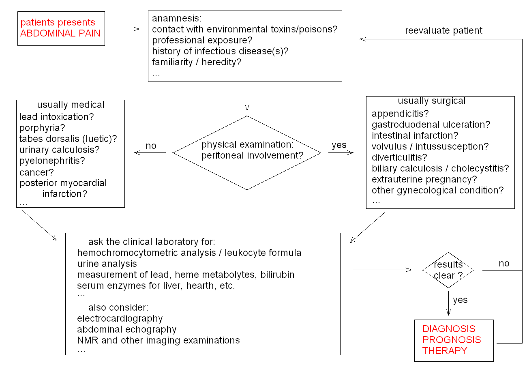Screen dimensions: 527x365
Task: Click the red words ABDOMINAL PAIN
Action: [60, 33]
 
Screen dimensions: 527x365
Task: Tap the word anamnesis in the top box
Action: [176, 18]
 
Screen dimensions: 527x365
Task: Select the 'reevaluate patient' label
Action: [443, 30]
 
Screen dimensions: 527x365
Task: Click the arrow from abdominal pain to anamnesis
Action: [126, 29]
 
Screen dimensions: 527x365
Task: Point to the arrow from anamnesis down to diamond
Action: [247, 98]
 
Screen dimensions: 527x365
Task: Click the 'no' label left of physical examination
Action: [151, 146]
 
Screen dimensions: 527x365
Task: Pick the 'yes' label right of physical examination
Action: [339, 145]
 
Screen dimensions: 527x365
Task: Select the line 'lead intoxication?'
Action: [56, 117]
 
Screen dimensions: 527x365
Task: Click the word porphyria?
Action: [42, 128]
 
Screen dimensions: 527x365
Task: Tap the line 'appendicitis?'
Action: [400, 114]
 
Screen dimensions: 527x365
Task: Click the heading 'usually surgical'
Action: [431, 101]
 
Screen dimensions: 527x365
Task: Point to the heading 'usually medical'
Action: [71, 105]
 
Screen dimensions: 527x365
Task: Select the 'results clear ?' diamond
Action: [448, 270]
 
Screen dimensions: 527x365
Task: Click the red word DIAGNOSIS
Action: [449, 329]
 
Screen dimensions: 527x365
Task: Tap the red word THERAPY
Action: [445, 351]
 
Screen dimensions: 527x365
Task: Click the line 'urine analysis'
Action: [107, 264]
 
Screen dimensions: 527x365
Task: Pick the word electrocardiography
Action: [120, 318]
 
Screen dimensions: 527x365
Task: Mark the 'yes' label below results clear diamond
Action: [460, 300]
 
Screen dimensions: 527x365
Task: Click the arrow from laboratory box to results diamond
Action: [382, 270]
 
